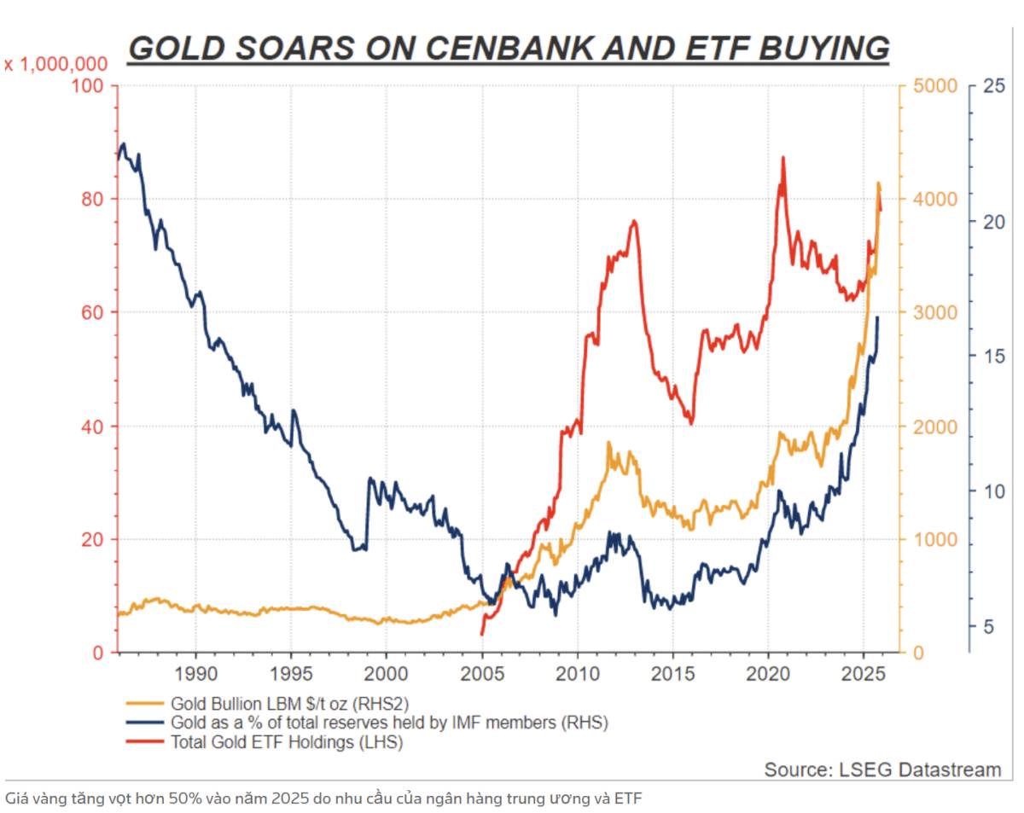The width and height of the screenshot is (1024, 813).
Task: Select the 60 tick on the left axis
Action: [x=92, y=312]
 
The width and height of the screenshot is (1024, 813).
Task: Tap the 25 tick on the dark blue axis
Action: [x=992, y=86]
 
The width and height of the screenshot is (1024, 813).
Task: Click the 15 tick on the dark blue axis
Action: [x=992, y=356]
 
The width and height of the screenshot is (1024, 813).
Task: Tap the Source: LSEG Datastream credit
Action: [x=882, y=769]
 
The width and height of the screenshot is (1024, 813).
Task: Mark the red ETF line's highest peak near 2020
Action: [x=783, y=159]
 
